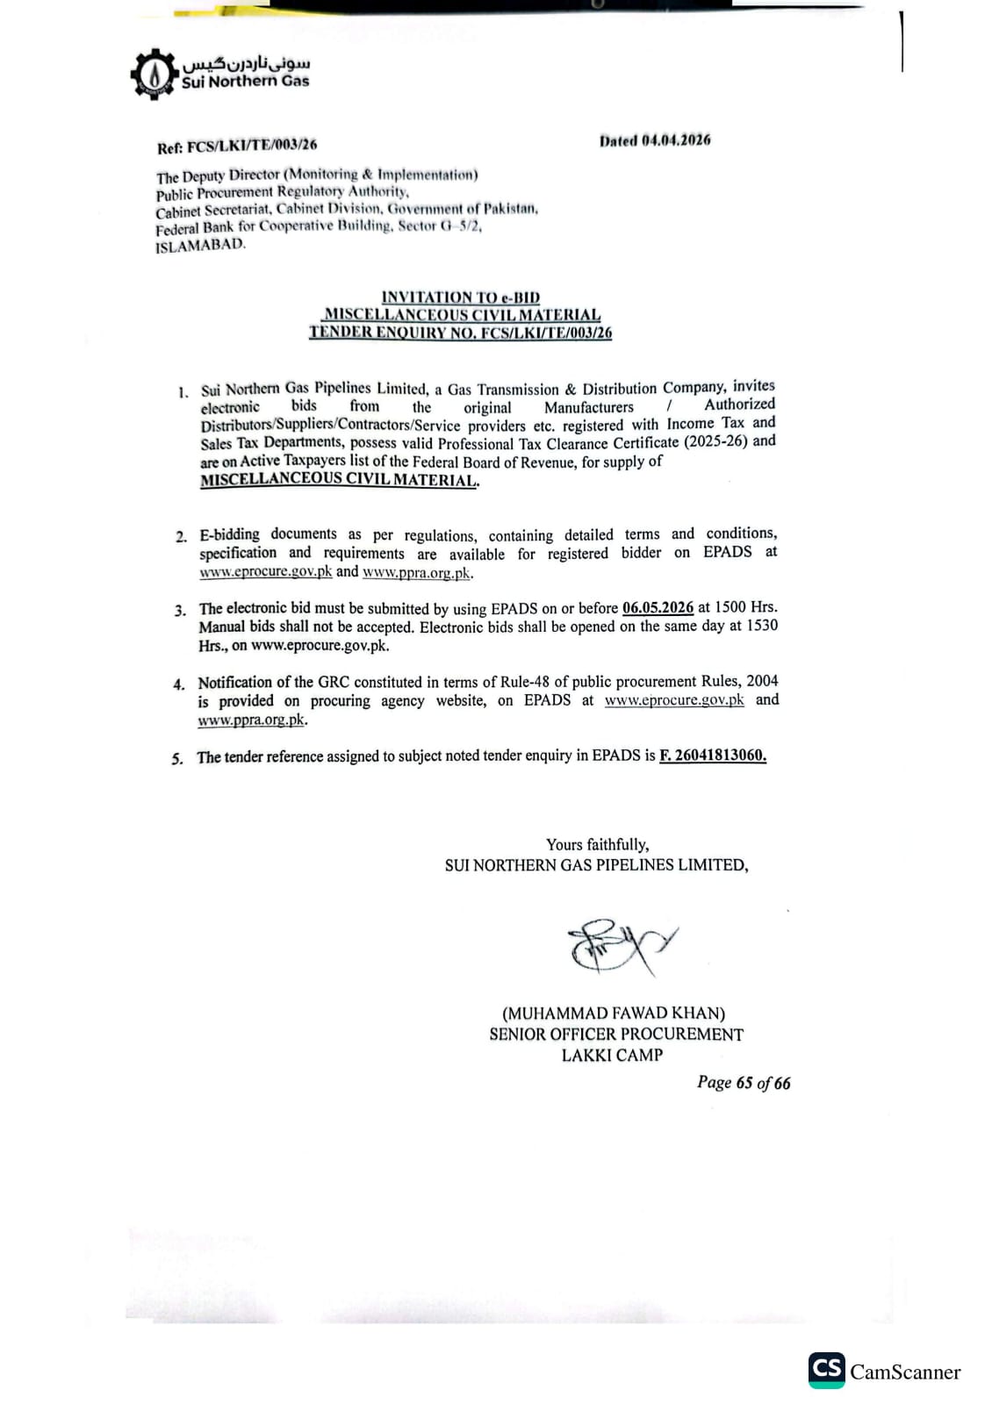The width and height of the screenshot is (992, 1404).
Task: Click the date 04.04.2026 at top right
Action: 676,140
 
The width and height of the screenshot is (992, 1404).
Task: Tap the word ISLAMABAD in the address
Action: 201,246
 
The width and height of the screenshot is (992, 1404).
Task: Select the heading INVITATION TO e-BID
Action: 461,297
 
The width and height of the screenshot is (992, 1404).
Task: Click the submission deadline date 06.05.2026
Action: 658,607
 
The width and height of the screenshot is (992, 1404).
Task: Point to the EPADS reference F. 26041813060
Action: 713,756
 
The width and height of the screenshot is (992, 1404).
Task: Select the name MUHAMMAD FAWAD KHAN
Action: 614,1014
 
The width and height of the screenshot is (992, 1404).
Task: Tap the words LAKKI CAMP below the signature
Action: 612,1055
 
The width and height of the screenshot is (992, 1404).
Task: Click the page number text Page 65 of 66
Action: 744,1083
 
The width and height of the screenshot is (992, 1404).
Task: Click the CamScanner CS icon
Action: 826,1370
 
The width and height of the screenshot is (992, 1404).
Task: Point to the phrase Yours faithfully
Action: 597,844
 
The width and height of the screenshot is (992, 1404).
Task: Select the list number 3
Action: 179,611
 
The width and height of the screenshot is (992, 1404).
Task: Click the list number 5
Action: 177,759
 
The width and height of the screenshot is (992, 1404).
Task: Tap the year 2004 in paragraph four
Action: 762,681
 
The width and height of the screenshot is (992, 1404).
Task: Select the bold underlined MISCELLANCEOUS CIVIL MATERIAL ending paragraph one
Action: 340,480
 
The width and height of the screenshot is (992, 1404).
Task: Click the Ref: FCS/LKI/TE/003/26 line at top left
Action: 237,146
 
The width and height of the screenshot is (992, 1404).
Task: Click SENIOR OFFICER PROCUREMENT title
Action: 616,1035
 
